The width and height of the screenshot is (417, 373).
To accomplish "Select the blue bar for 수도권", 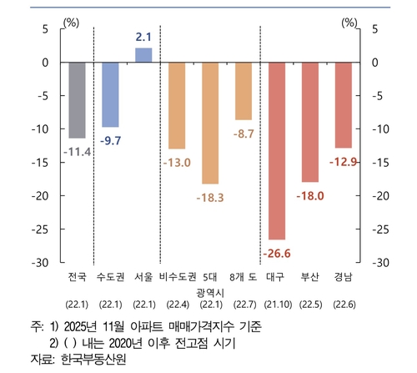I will (110, 94).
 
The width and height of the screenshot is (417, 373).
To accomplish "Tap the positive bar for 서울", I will (143, 55).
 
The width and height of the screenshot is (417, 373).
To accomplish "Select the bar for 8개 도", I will (244, 91).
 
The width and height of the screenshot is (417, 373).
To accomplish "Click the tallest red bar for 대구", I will (276, 150).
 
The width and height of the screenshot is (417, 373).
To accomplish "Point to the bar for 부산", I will (309, 122).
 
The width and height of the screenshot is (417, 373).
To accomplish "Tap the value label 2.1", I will (143, 37).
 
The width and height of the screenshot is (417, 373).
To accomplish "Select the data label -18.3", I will (210, 197).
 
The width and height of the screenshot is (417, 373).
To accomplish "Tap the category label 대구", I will (275, 276).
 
